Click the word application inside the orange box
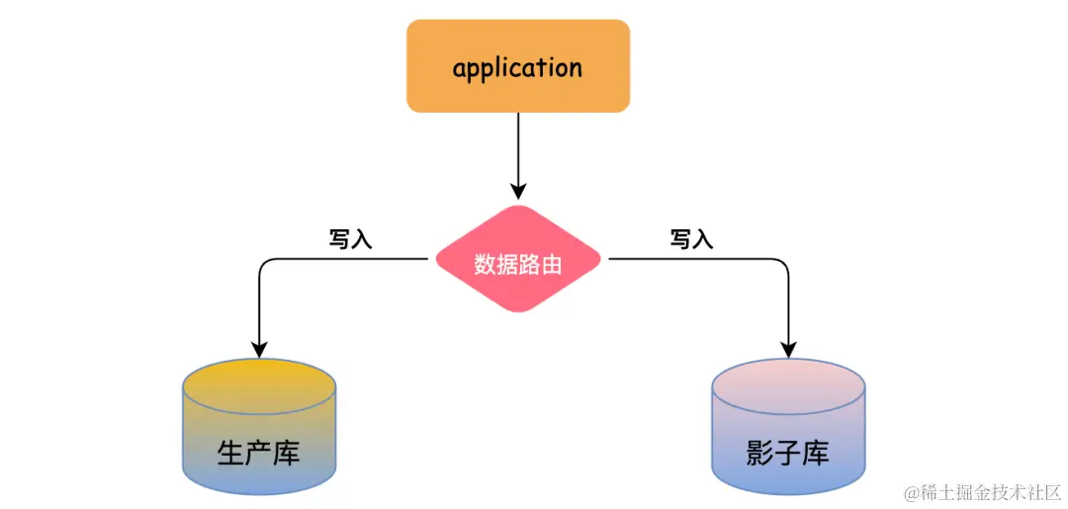click(517, 68)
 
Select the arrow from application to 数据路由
click(517, 148)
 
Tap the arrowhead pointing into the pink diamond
click(517, 190)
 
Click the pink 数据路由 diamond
click(517, 260)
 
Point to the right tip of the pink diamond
click(598, 260)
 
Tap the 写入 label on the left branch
click(350, 240)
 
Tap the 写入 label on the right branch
click(691, 240)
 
